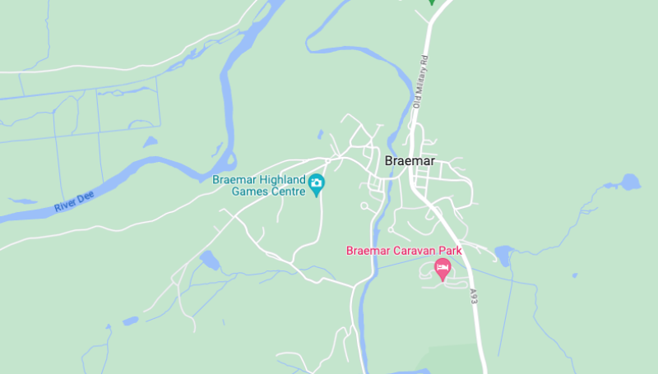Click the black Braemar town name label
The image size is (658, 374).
click(x=410, y=161)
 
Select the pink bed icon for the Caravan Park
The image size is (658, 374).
click(x=443, y=267)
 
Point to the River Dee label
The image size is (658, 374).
click(x=71, y=202)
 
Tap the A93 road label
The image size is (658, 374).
click(x=474, y=296)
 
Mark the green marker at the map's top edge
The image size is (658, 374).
click(x=431, y=2)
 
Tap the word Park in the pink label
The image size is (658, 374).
click(x=449, y=251)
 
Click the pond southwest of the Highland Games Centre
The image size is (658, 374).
click(x=209, y=260)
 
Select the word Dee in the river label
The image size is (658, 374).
click(x=82, y=198)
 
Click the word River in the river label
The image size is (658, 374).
click(x=64, y=205)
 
